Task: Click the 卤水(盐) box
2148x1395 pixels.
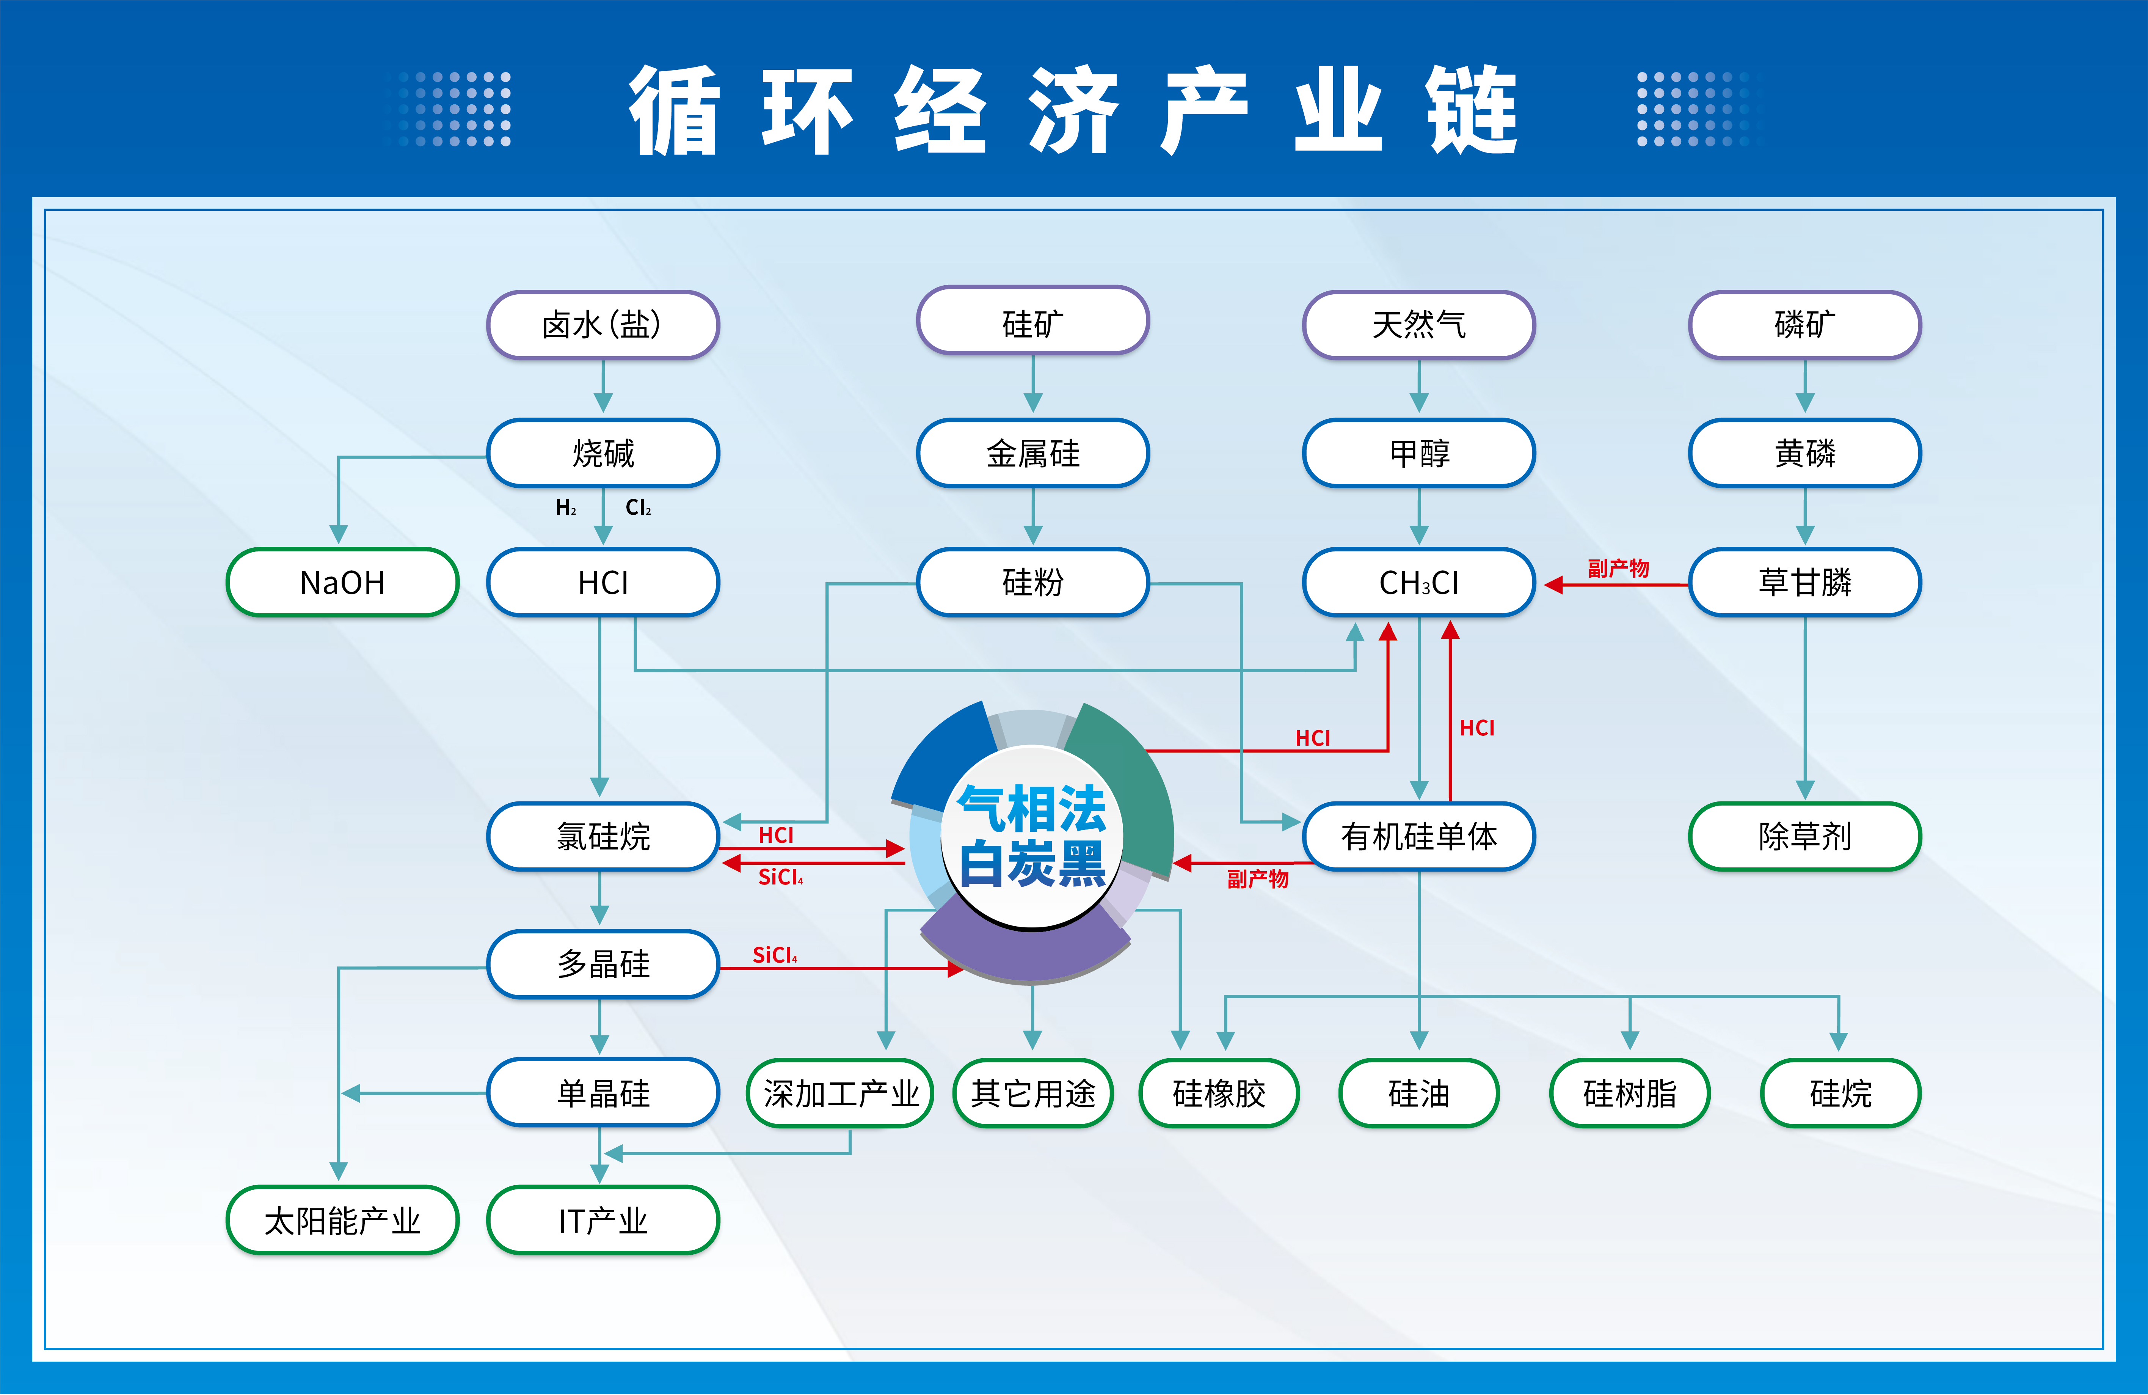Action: point(603,324)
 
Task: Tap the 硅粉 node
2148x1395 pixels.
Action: point(1032,582)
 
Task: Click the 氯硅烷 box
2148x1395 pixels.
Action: point(603,836)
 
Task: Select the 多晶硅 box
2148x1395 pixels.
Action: point(603,964)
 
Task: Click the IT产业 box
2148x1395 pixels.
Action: point(603,1221)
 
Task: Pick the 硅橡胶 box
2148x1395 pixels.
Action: point(1218,1093)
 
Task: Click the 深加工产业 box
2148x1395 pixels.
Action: point(840,1093)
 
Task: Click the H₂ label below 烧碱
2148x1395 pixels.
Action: point(566,507)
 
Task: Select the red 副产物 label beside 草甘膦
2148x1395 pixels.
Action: point(1618,568)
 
